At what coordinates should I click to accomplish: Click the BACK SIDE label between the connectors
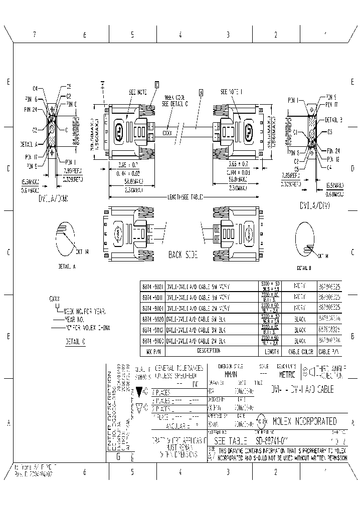pyautogui.click(x=183, y=255)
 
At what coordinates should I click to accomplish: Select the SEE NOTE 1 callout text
pyautogui.click(x=231, y=92)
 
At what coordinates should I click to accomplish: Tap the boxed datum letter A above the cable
pyautogui.click(x=201, y=92)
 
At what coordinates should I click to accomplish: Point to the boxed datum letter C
pyautogui.click(x=157, y=85)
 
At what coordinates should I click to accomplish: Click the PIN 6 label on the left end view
pyautogui.click(x=31, y=99)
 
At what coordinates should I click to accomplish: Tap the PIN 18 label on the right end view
pyautogui.click(x=333, y=158)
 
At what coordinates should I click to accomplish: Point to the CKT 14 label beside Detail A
pyautogui.click(x=83, y=251)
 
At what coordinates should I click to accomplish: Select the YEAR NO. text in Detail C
pyautogui.click(x=74, y=319)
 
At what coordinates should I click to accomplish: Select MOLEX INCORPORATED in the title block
pyautogui.click(x=304, y=421)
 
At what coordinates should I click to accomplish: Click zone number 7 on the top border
pyautogui.click(x=35, y=35)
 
